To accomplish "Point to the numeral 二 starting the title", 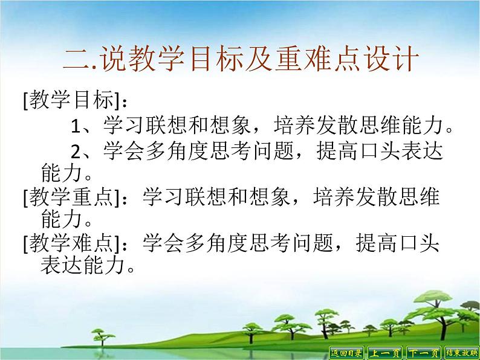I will [x=76, y=61].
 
